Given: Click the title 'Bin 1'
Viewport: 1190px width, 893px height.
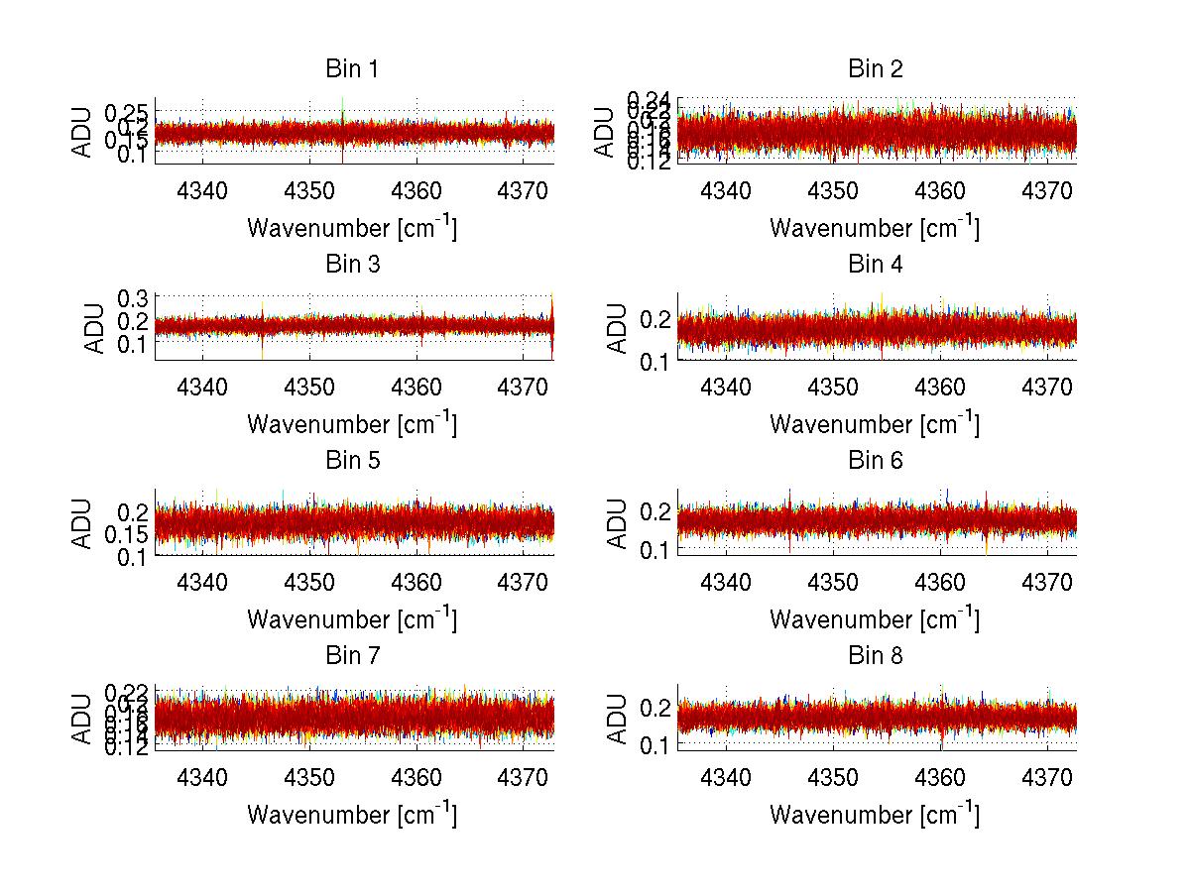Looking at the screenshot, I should click(352, 69).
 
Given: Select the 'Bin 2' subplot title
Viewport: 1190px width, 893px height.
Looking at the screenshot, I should click(875, 69).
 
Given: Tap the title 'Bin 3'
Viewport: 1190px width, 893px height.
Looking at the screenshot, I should click(352, 265).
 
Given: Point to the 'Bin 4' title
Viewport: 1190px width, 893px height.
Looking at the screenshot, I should click(875, 265).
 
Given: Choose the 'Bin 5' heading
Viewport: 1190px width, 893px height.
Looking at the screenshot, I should click(352, 461).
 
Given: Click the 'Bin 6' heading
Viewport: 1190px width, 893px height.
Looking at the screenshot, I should click(875, 461).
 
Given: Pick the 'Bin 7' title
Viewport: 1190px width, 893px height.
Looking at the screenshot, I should click(352, 656).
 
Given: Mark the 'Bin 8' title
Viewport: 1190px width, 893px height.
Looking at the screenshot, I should click(875, 656).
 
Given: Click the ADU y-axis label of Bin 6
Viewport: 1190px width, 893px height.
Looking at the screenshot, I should click(617, 522).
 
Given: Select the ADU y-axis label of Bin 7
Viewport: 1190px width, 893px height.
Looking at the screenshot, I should click(82, 718).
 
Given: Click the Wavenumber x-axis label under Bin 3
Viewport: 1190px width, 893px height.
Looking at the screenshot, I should click(352, 424).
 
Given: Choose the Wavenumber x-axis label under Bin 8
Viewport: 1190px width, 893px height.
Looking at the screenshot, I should click(875, 815).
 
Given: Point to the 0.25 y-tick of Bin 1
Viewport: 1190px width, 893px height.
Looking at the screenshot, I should click(127, 110).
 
